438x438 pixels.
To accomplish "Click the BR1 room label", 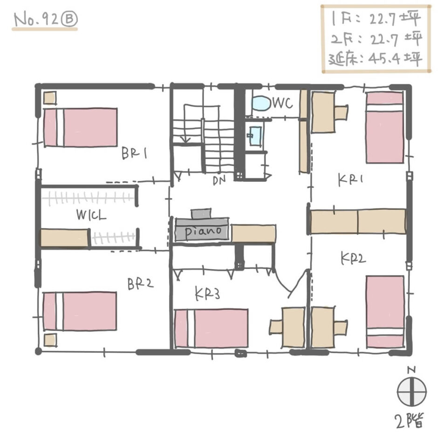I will (x=134, y=153).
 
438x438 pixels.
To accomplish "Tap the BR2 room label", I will (x=141, y=284).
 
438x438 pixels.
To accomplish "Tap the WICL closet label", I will (x=92, y=216).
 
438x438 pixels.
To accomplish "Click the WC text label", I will (x=282, y=103).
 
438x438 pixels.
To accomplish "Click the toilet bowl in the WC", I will (x=261, y=103).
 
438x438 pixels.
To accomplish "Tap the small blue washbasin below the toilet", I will (x=255, y=135).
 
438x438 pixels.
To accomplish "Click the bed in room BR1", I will (x=80, y=127).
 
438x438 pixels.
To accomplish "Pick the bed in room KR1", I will (x=384, y=127).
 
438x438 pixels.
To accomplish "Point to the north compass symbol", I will (x=412, y=390).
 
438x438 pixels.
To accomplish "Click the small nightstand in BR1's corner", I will (x=50, y=98).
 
